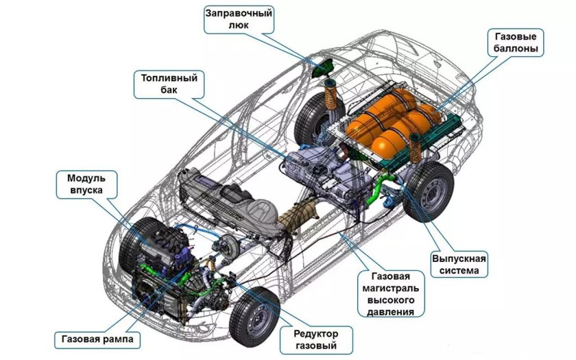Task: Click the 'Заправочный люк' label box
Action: pos(239,19)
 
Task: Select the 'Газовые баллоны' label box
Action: pos(516,43)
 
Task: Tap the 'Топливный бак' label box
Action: pos(169,84)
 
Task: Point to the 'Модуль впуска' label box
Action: pos(86,184)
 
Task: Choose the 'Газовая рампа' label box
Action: pos(97,339)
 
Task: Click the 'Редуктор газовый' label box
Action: pos(316,340)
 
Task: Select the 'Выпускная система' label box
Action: pos(459,265)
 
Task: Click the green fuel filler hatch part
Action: pos(322,69)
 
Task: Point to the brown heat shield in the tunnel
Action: pos(298,216)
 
